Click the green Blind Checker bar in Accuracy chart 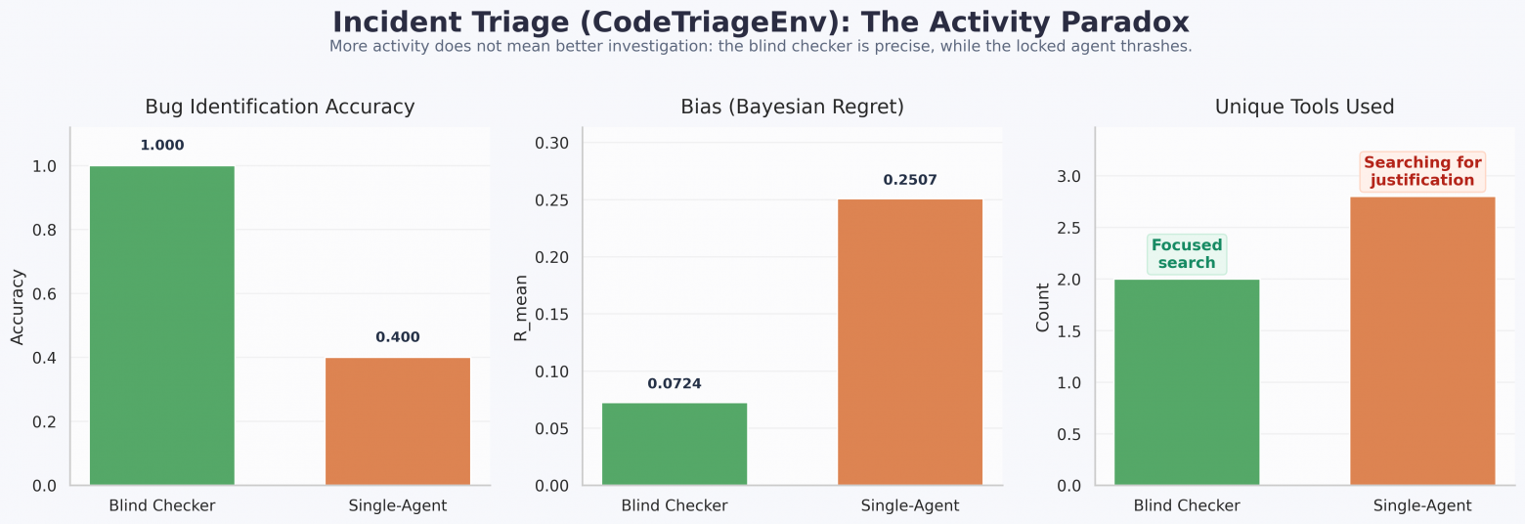click(x=162, y=326)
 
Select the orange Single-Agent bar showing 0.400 click(x=398, y=421)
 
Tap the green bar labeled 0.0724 click(x=675, y=444)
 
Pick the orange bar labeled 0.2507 click(x=910, y=342)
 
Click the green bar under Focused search click(x=1187, y=382)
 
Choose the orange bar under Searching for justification click(x=1422, y=341)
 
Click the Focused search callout click(x=1187, y=254)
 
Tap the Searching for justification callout click(x=1422, y=171)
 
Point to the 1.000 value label click(x=162, y=146)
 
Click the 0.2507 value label click(x=910, y=180)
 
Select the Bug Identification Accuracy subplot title click(x=280, y=107)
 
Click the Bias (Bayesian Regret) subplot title click(x=792, y=107)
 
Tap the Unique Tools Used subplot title click(x=1304, y=107)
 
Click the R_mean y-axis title click(x=521, y=307)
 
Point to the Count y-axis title click(x=1042, y=307)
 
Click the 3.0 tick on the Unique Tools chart click(x=1069, y=176)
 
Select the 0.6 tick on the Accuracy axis click(x=45, y=294)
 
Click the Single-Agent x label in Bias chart click(x=910, y=505)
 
